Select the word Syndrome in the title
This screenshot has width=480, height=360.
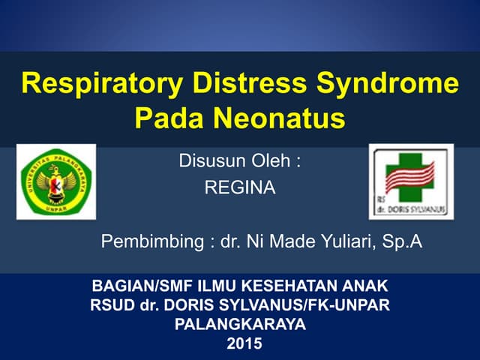[x=394, y=83]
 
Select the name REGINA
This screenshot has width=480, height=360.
[x=239, y=188]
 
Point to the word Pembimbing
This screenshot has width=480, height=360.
[x=154, y=242]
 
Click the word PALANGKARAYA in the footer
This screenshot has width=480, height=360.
[x=240, y=325]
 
